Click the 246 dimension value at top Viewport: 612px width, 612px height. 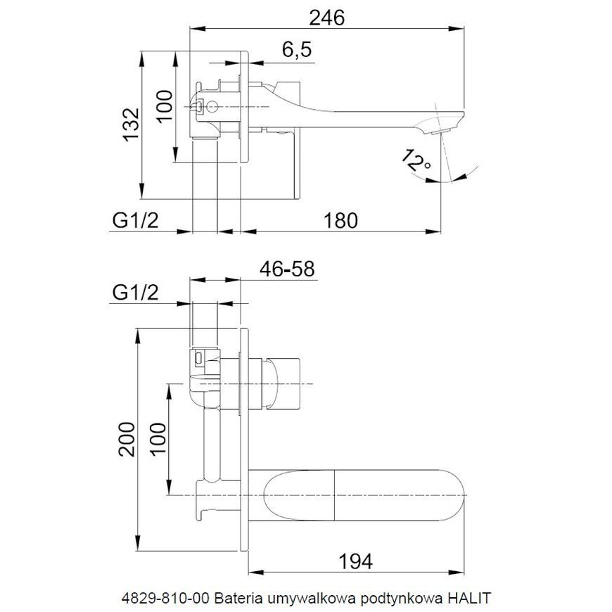[326, 18]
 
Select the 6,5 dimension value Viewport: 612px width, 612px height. [298, 49]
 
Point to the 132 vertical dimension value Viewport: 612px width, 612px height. [131, 124]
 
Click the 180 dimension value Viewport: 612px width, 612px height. [340, 220]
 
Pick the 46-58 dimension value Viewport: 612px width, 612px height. [287, 269]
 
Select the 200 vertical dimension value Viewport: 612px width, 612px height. [127, 439]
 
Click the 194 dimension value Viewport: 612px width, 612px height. [355, 562]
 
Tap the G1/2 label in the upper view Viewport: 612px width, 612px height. [136, 220]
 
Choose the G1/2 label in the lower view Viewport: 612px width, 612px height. [136, 293]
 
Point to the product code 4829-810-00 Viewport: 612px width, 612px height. [166, 597]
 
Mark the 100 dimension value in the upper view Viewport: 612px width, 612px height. [165, 106]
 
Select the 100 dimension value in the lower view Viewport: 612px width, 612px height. [158, 439]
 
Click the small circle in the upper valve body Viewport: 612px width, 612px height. [212, 106]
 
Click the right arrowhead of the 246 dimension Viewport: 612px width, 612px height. [457, 29]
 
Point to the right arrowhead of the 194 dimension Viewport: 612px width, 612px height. [457, 573]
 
